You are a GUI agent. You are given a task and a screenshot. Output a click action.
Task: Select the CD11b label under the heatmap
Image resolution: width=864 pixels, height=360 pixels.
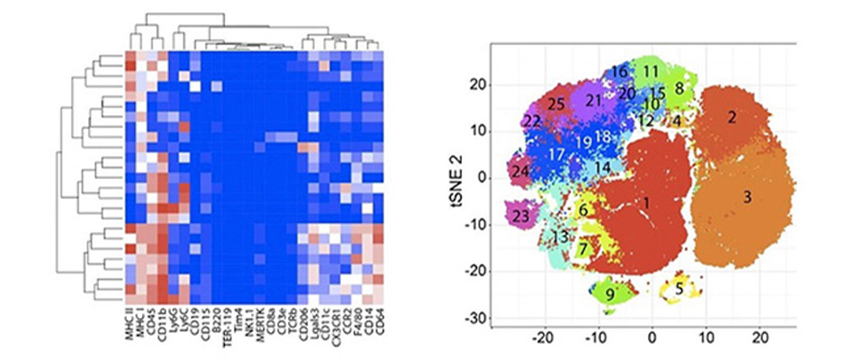(163, 325)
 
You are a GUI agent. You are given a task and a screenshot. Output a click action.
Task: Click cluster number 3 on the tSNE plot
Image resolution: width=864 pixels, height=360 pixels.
(747, 195)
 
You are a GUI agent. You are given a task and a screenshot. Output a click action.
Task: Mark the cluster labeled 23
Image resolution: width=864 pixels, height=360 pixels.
(519, 216)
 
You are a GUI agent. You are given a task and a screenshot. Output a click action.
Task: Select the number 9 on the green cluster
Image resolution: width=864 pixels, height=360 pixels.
(609, 293)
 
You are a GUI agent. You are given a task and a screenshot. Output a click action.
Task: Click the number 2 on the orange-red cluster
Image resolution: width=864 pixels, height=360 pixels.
(733, 117)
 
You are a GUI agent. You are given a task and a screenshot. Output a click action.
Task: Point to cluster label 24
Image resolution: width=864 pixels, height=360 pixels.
(519, 170)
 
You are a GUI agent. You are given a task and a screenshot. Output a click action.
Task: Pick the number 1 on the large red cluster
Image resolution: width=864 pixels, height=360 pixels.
(646, 203)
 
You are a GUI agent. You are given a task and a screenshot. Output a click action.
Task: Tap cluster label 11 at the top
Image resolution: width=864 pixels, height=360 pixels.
(651, 70)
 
